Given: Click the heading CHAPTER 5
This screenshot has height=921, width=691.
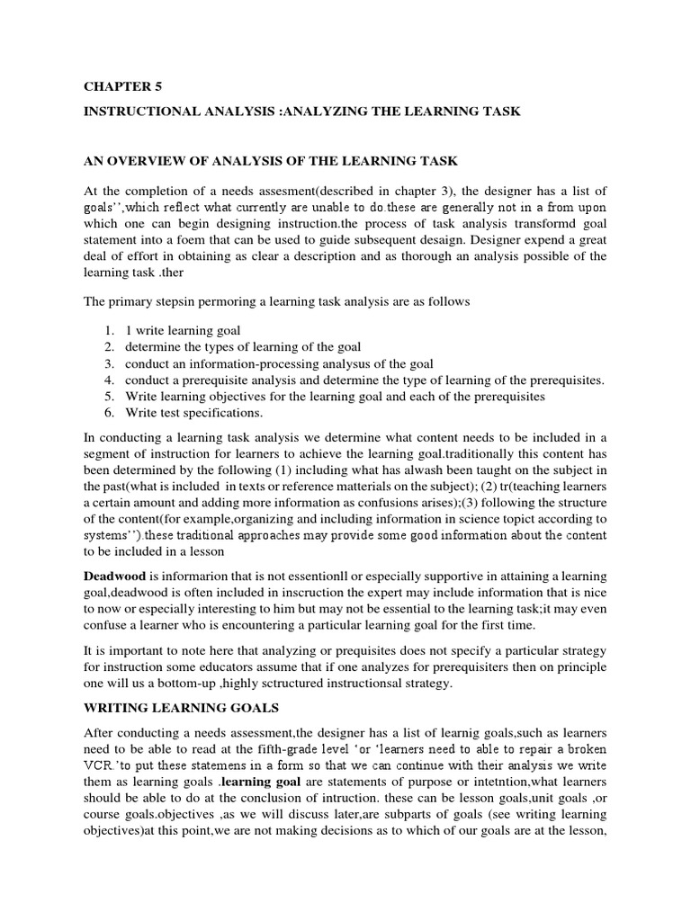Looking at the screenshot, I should tap(119, 87).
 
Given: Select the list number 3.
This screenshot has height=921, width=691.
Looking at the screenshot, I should tap(108, 363).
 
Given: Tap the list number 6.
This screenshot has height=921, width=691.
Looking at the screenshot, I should tap(108, 413).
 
